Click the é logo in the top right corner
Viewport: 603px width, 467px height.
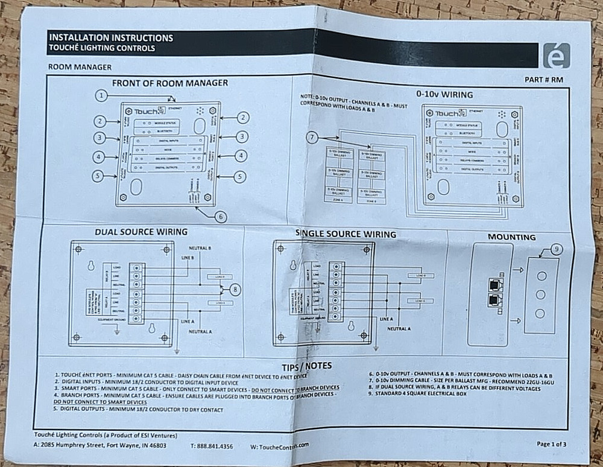[x=555, y=56]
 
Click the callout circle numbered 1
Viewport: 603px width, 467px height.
[x=103, y=95]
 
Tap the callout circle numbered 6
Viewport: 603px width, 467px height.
[x=221, y=216]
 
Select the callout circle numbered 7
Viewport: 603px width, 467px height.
[x=312, y=138]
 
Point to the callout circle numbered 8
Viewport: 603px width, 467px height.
[x=235, y=290]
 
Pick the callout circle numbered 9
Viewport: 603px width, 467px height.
[x=557, y=248]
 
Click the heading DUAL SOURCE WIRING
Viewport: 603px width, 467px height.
[x=141, y=232]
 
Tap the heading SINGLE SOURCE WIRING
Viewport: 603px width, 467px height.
[x=346, y=233]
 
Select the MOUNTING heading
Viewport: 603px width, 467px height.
[x=511, y=237]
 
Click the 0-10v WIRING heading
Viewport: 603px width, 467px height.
[x=444, y=94]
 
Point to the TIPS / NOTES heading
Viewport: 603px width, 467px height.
[x=306, y=366]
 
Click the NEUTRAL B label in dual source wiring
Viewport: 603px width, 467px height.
[x=200, y=248]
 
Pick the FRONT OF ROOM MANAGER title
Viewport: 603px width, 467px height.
[x=169, y=83]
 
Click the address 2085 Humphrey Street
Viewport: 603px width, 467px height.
[x=105, y=445]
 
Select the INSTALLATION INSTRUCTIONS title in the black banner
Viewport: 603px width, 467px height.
[x=110, y=37]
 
